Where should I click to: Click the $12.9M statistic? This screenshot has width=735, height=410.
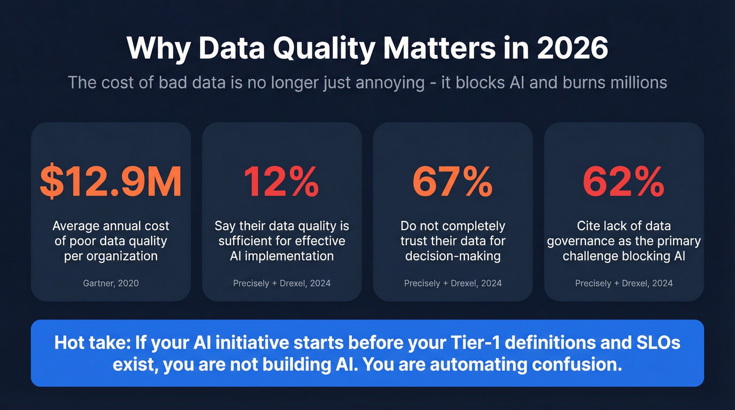[x=111, y=182]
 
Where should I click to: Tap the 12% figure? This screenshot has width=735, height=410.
[x=281, y=182]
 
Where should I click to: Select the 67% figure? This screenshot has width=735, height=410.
[x=453, y=182]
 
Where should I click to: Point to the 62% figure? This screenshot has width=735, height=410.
[x=624, y=182]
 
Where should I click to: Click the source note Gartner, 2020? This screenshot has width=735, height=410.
[x=111, y=283]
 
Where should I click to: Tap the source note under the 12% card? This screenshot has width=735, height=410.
[x=282, y=283]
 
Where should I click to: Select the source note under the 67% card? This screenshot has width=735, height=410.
[x=453, y=283]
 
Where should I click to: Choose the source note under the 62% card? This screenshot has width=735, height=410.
[x=624, y=283]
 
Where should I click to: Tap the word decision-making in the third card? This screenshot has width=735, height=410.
[x=453, y=256]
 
